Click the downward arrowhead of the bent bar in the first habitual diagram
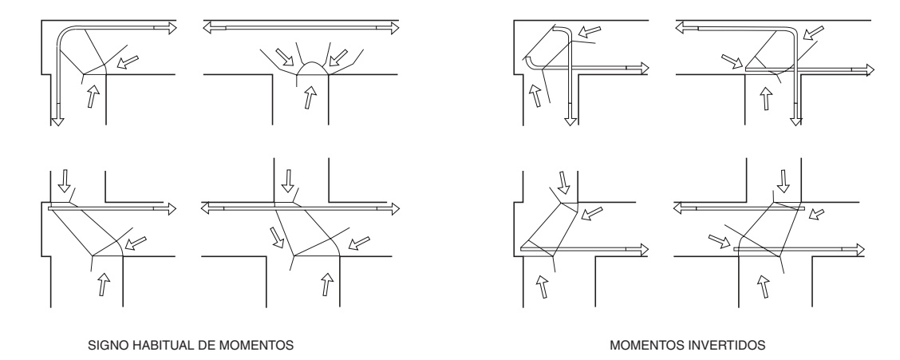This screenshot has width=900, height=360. [x=57, y=120]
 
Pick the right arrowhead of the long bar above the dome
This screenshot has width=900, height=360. [x=393, y=28]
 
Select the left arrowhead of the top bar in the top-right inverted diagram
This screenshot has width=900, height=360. [x=681, y=28]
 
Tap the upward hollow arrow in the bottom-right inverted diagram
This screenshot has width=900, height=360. [x=764, y=285]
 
